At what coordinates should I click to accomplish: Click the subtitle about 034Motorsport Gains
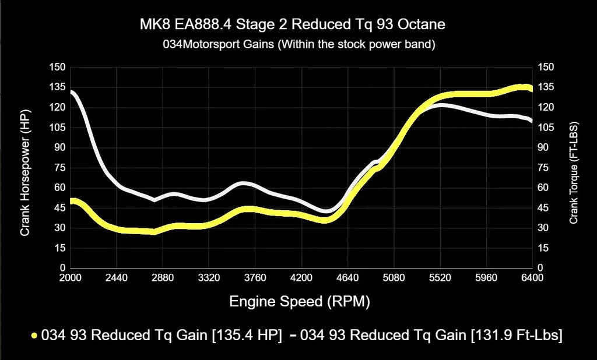(298, 44)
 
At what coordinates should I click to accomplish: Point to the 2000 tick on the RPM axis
(71, 278)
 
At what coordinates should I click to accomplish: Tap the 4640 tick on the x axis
(347, 278)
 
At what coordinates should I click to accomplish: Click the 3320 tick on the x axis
(209, 278)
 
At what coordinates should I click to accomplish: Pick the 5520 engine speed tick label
(440, 278)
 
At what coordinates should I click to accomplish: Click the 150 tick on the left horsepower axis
(57, 67)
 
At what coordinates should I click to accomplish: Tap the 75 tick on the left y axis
(59, 168)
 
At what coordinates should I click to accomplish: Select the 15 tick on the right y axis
(544, 248)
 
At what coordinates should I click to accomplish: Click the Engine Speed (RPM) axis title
(300, 302)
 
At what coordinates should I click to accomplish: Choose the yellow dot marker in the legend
(35, 336)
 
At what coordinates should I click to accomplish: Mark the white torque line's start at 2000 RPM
(71, 91)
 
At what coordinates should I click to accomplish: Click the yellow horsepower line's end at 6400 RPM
(530, 89)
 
